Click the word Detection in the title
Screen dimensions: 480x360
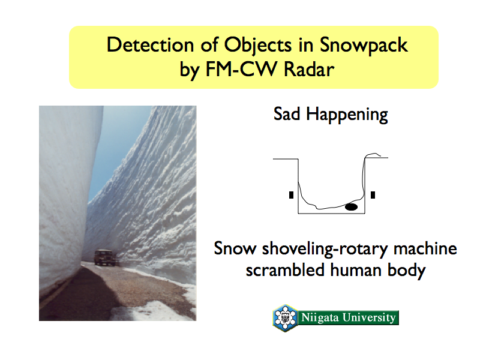pyautogui.click(x=151, y=44)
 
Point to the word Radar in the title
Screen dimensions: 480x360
pyautogui.click(x=309, y=69)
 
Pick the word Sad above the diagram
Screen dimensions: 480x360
pyautogui.click(x=287, y=114)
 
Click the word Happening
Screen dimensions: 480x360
pyautogui.click(x=347, y=115)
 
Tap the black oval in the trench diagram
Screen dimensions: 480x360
pyautogui.click(x=351, y=207)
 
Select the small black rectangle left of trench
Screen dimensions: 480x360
pyautogui.click(x=291, y=195)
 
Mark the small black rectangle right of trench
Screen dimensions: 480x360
pyautogui.click(x=373, y=195)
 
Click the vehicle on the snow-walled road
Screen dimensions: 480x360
pyautogui.click(x=104, y=257)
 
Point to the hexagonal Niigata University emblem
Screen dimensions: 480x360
pyautogui.click(x=286, y=317)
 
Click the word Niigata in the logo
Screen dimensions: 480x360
pyautogui.click(x=320, y=317)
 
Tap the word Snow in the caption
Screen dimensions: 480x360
pyautogui.click(x=235, y=248)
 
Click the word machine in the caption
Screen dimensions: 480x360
pyautogui.click(x=425, y=248)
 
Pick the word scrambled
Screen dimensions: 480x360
pyautogui.click(x=285, y=271)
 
